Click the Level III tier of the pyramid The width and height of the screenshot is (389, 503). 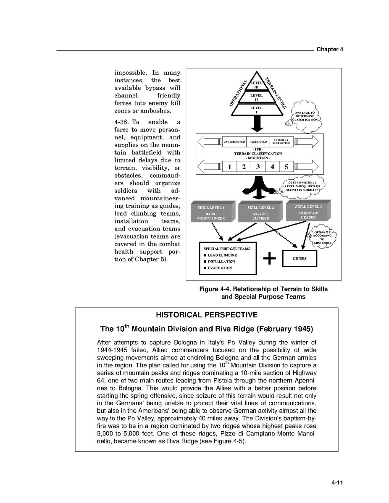(256, 85)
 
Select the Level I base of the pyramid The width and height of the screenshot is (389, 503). (256, 110)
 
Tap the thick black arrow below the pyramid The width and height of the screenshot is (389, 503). (256, 123)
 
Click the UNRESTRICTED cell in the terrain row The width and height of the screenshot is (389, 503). (234, 142)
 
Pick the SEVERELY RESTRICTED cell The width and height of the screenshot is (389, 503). (281, 142)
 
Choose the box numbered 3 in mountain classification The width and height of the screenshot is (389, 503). (258, 167)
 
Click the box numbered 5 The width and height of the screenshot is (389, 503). (286, 167)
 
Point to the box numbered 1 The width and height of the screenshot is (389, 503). (230, 167)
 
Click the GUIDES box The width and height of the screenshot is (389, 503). (300, 259)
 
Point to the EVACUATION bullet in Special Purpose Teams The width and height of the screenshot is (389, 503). (219, 268)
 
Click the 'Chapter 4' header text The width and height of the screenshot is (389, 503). (330, 50)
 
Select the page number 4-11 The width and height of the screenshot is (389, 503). (337, 483)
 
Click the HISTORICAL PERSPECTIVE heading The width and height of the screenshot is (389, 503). (206, 315)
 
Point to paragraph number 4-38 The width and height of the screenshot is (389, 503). (123, 122)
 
